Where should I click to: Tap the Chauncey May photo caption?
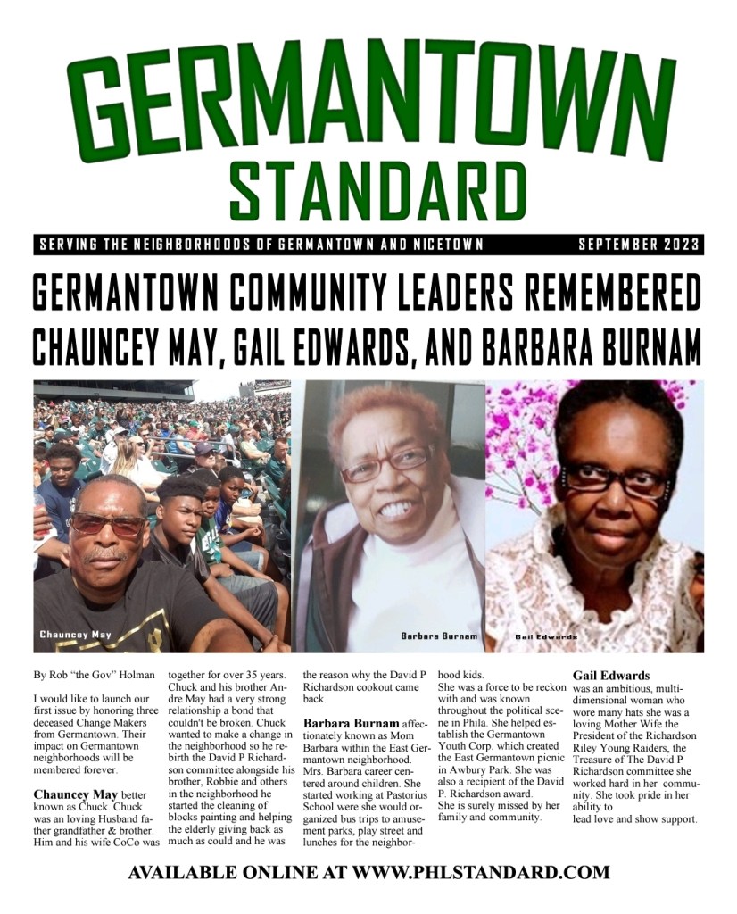coord(76,635)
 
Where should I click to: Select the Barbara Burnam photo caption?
coord(439,636)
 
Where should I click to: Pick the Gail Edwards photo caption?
coord(546,637)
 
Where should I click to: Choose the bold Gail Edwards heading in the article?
coord(611,676)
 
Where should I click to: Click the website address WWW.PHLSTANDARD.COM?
coord(481,872)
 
